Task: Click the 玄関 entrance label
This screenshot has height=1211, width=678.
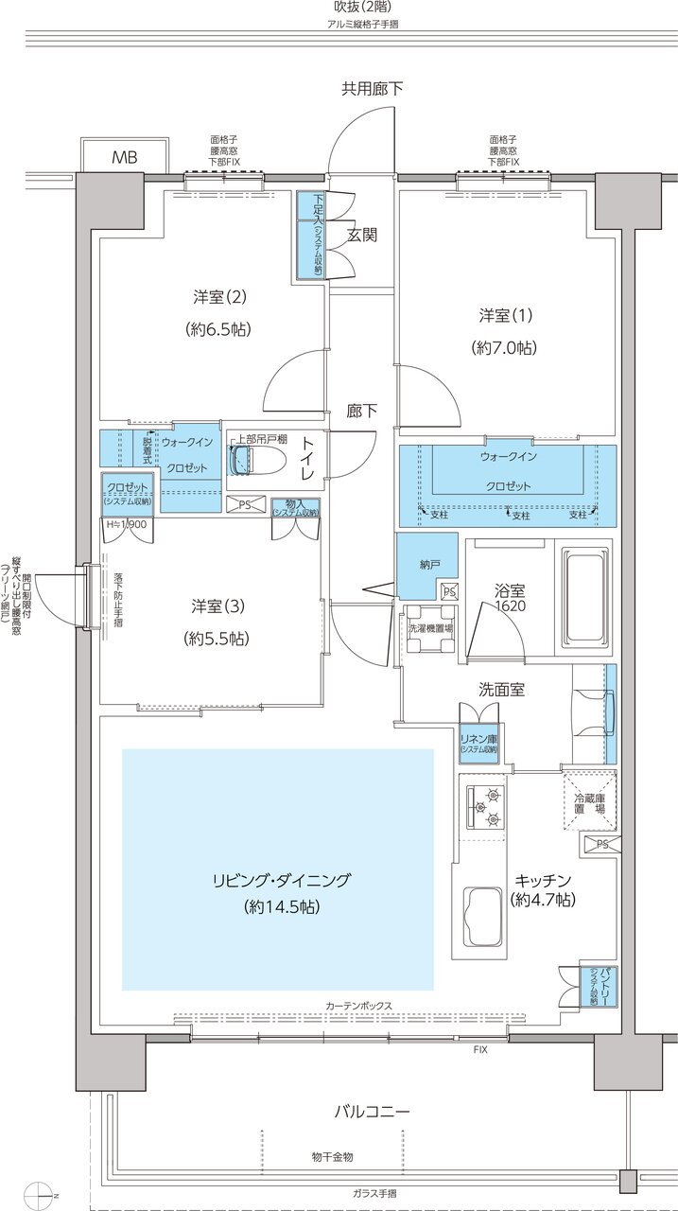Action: tap(361, 234)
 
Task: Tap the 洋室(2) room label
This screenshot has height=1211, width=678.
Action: tap(220, 297)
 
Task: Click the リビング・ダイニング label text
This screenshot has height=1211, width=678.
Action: tap(281, 880)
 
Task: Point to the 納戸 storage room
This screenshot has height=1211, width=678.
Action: tap(428, 565)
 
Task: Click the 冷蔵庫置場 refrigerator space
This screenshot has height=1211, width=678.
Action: tap(590, 803)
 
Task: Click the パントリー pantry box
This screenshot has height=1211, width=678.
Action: tap(592, 986)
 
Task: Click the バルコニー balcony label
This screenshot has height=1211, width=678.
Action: tap(371, 1111)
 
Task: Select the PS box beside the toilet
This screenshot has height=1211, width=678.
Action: tap(245, 505)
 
